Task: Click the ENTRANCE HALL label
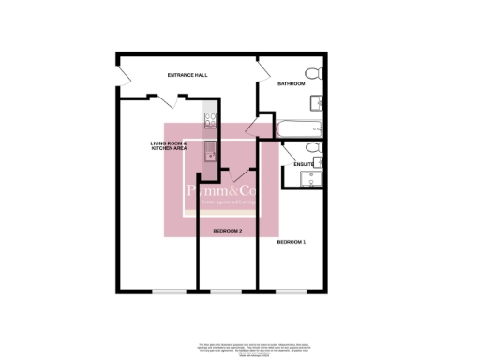point(187,74)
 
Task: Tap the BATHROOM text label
point(292,84)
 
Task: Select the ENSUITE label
point(303,165)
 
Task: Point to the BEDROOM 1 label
point(291,242)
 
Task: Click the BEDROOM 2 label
point(227,230)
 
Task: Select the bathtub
point(299,127)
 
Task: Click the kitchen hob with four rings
point(210,119)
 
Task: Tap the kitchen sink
point(210,150)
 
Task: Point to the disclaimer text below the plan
point(240,346)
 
